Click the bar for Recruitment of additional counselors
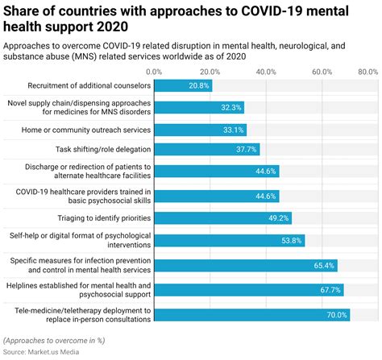pyautogui.click(x=183, y=85)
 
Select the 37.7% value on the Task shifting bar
pyautogui.click(x=246, y=149)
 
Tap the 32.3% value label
pyautogui.click(x=230, y=107)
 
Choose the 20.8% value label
pyautogui.click(x=198, y=85)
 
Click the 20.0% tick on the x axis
pyautogui.click(x=210, y=72)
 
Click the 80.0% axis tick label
pyautogui.click(x=367, y=72)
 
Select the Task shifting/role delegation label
pyautogui.click(x=101, y=149)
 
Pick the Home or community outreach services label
pyautogui.click(x=89, y=130)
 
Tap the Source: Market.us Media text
pyautogui.click(x=44, y=353)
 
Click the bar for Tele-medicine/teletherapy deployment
pyautogui.click(x=242, y=315)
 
